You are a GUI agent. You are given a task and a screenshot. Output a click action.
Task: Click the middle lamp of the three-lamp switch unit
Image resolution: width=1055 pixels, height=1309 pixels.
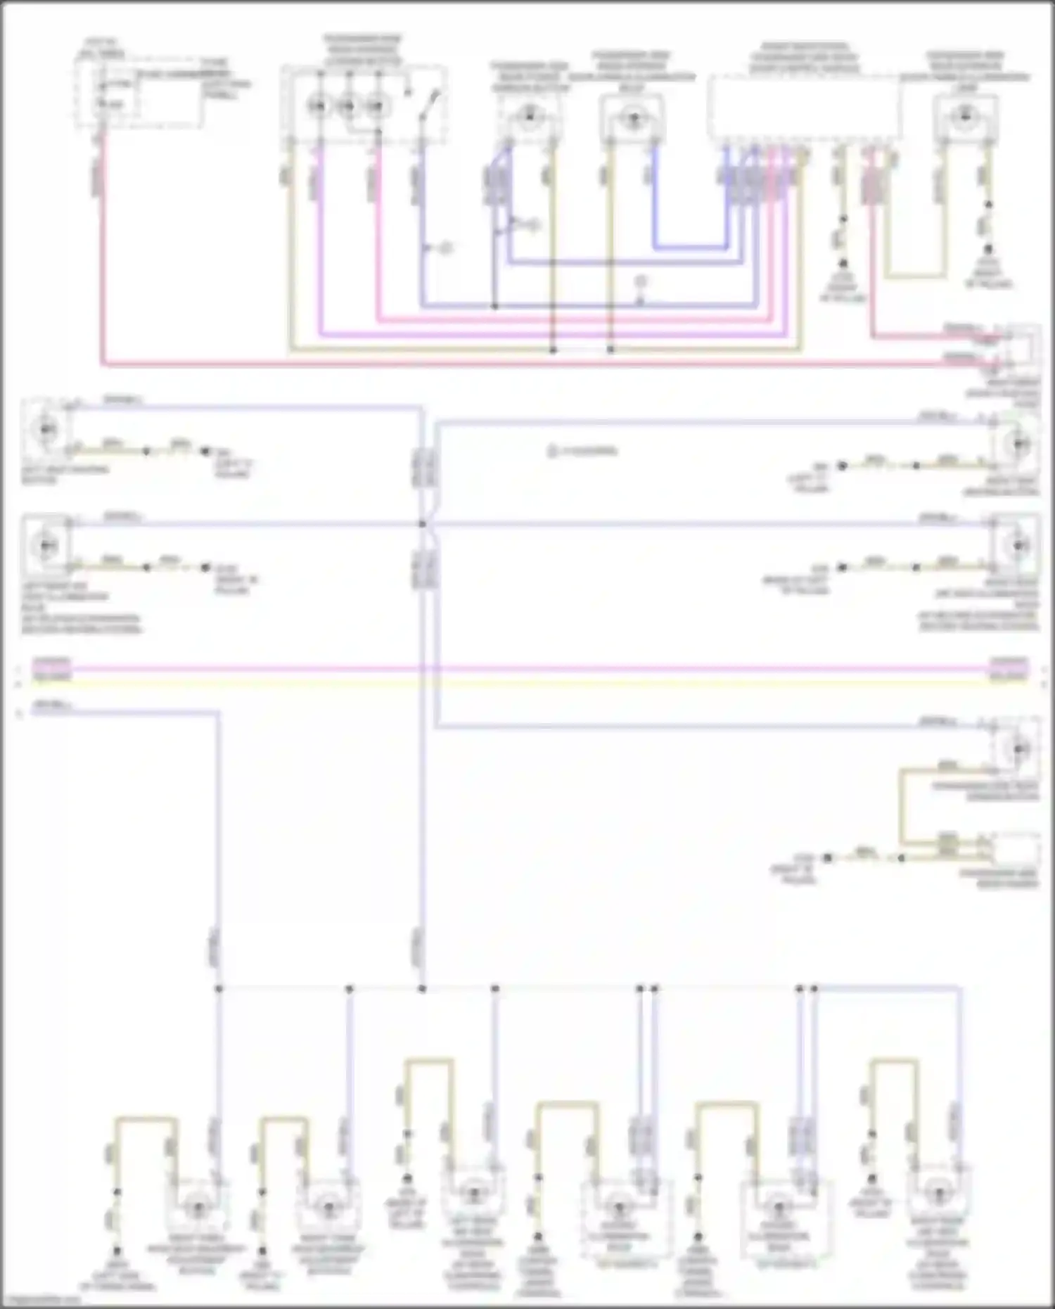(347, 106)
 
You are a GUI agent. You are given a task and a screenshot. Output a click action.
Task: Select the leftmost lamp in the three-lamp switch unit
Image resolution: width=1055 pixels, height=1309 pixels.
(318, 106)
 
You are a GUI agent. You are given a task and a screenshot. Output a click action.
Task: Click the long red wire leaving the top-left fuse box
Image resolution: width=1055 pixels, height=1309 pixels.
(492, 364)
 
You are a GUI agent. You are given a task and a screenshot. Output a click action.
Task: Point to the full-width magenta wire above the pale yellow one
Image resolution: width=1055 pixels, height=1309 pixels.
(527, 669)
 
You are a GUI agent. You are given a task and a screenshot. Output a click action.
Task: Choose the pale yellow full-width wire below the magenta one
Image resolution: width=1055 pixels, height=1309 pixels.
(527, 682)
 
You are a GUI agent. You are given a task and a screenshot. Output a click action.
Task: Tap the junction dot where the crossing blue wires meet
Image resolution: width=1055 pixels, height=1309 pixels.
(423, 524)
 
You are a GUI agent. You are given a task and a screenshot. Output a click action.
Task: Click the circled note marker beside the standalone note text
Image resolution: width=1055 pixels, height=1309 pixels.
(552, 451)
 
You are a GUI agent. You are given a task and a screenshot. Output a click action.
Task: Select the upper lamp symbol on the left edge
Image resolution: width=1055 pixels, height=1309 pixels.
(46, 428)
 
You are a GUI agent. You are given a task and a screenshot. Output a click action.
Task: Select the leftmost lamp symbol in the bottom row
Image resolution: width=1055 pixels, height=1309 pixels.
(198, 1209)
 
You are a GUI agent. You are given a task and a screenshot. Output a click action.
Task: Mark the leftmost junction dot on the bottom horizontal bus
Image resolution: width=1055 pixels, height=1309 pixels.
(219, 989)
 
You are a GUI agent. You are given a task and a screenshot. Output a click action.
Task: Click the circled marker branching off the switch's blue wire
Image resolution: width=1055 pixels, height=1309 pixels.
(445, 248)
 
